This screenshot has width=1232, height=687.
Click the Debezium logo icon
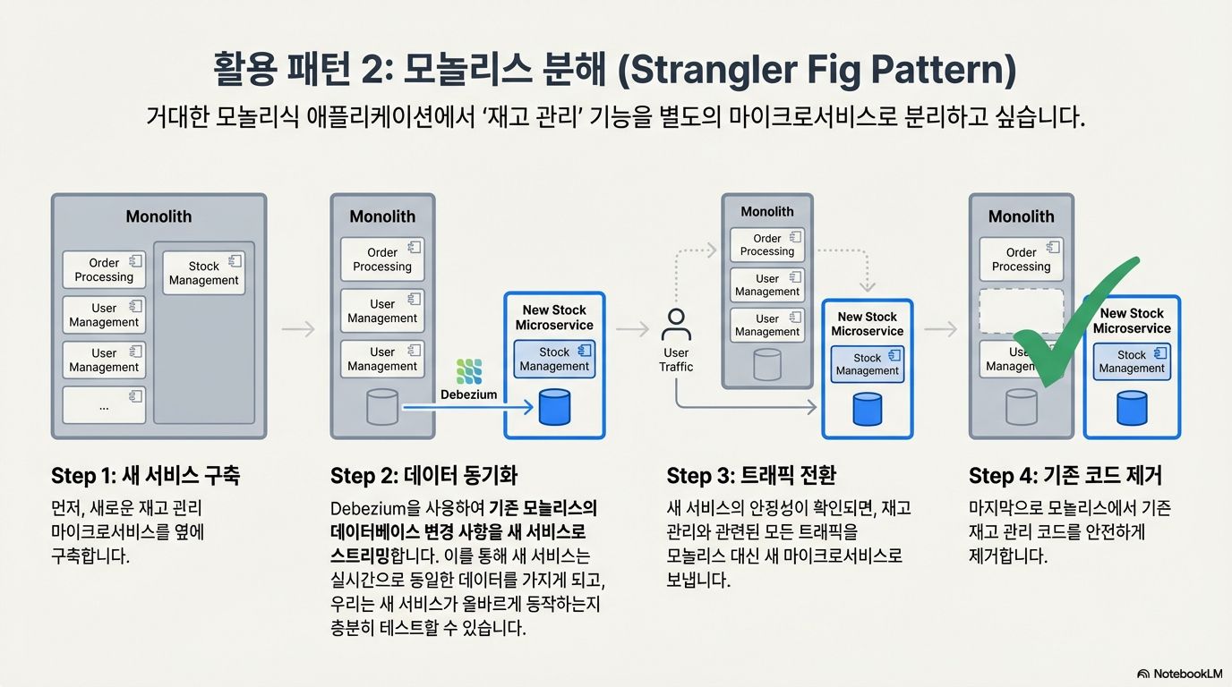pos(468,371)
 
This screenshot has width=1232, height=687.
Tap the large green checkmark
pos(1070,335)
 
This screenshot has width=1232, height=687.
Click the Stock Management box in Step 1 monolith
pos(203,273)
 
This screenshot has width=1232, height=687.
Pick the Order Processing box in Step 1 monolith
pos(104,269)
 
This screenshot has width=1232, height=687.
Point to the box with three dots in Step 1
pos(104,405)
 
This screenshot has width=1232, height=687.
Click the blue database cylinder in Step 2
pos(554,407)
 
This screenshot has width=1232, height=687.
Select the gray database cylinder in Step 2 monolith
pos(382,407)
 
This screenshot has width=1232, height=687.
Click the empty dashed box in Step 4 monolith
pos(1021,311)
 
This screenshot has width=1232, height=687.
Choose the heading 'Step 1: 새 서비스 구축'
pos(145,475)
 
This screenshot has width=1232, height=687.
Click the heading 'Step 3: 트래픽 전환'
pos(750,475)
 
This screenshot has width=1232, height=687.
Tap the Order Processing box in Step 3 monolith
pos(767,244)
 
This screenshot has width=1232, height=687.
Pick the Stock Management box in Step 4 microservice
pos(1132,361)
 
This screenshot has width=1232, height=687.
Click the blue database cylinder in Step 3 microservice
pos(867,408)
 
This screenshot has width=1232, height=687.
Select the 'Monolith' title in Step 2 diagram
pos(382,216)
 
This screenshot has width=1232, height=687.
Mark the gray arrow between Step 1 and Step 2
pos(298,329)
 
